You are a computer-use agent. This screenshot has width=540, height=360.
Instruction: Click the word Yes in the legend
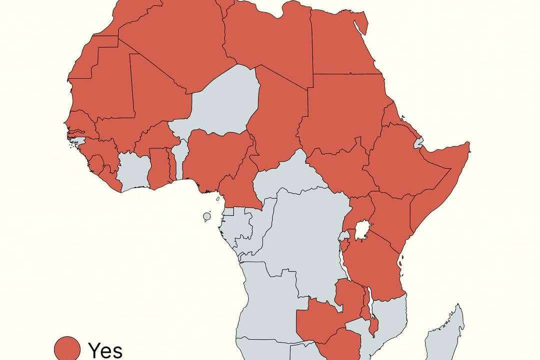(105, 350)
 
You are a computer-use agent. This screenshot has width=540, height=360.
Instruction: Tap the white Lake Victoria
(362, 230)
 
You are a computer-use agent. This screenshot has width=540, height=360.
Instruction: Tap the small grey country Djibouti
(419, 143)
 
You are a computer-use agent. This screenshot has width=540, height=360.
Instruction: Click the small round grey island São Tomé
(207, 216)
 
